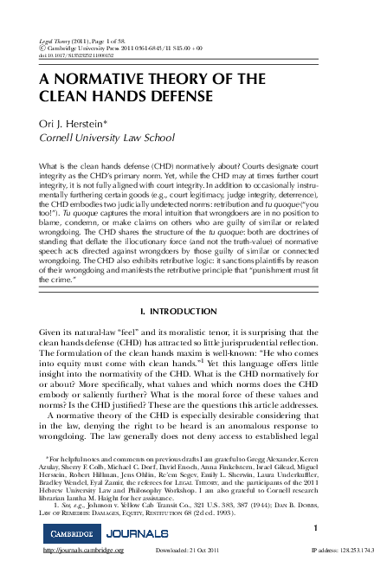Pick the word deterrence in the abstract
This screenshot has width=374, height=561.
(307, 196)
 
